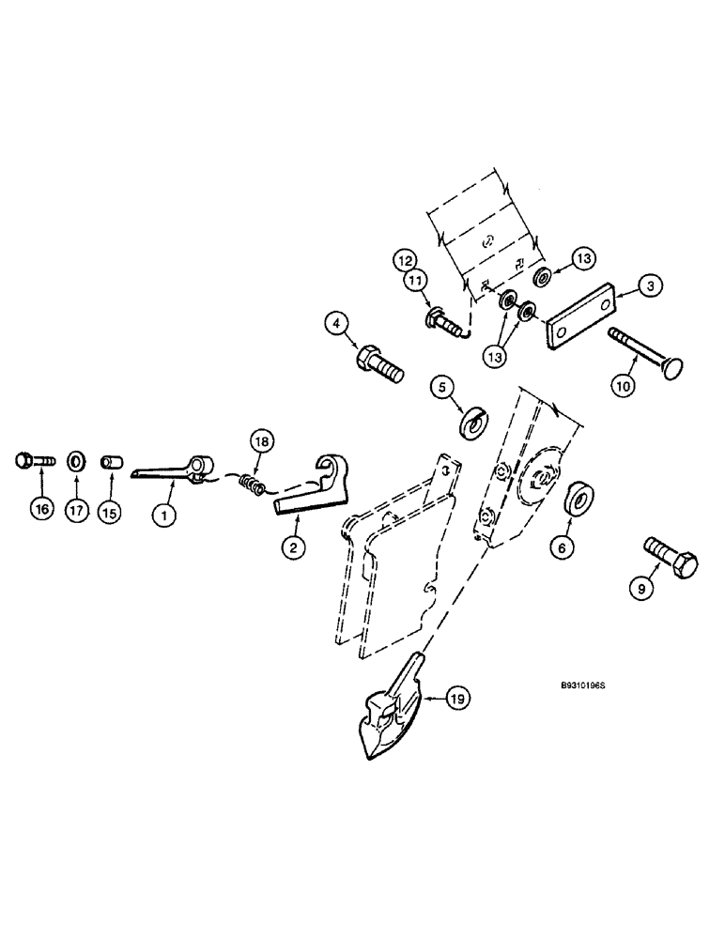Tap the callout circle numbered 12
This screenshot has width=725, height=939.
(404, 258)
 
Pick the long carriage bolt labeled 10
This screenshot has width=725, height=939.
(649, 348)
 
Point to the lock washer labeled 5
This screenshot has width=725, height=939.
(472, 421)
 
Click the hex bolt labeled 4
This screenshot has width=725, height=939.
(379, 362)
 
